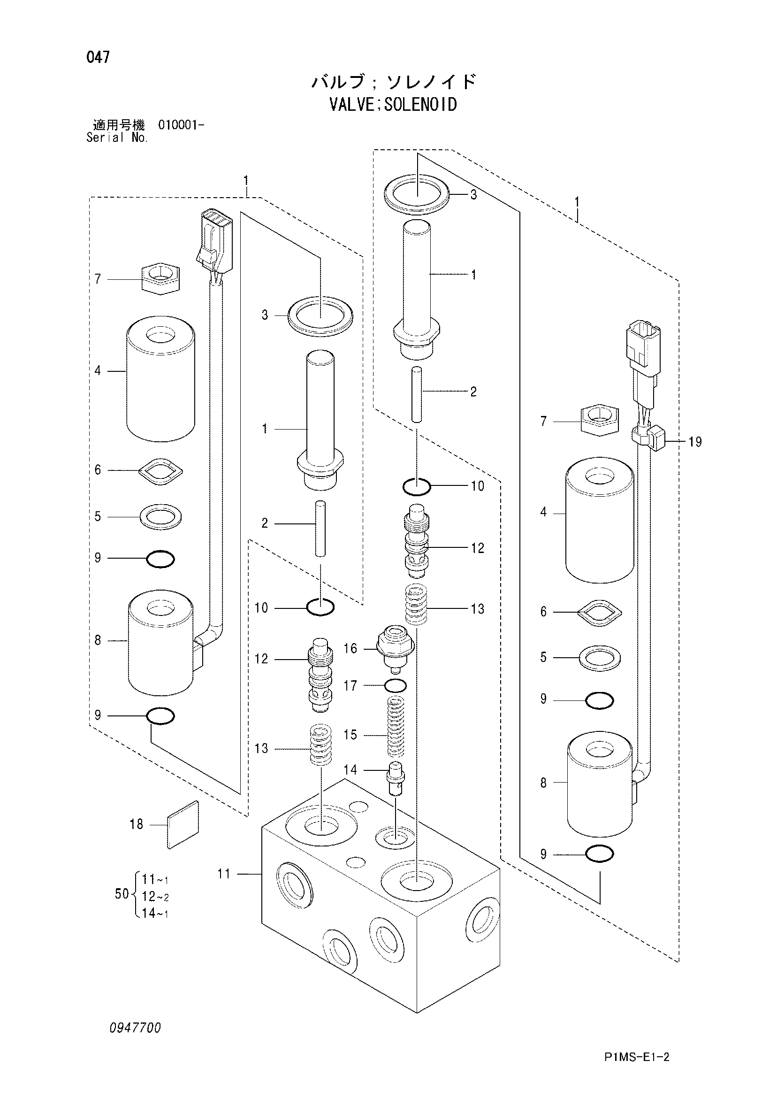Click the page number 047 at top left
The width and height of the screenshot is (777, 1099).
[98, 57]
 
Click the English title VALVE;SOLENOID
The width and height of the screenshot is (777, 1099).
[393, 104]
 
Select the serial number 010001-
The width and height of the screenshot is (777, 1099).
[181, 125]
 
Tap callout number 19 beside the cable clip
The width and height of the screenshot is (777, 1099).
[695, 442]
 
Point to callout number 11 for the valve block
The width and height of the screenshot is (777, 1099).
[224, 874]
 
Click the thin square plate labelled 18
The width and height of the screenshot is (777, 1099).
[183, 825]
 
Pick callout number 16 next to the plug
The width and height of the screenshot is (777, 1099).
[350, 649]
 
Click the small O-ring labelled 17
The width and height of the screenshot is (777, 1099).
[396, 685]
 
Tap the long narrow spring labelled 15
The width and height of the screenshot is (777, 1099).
[395, 726]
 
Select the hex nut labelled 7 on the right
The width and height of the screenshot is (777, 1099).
[599, 420]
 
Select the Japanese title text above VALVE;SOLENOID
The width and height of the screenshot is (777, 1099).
[394, 82]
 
